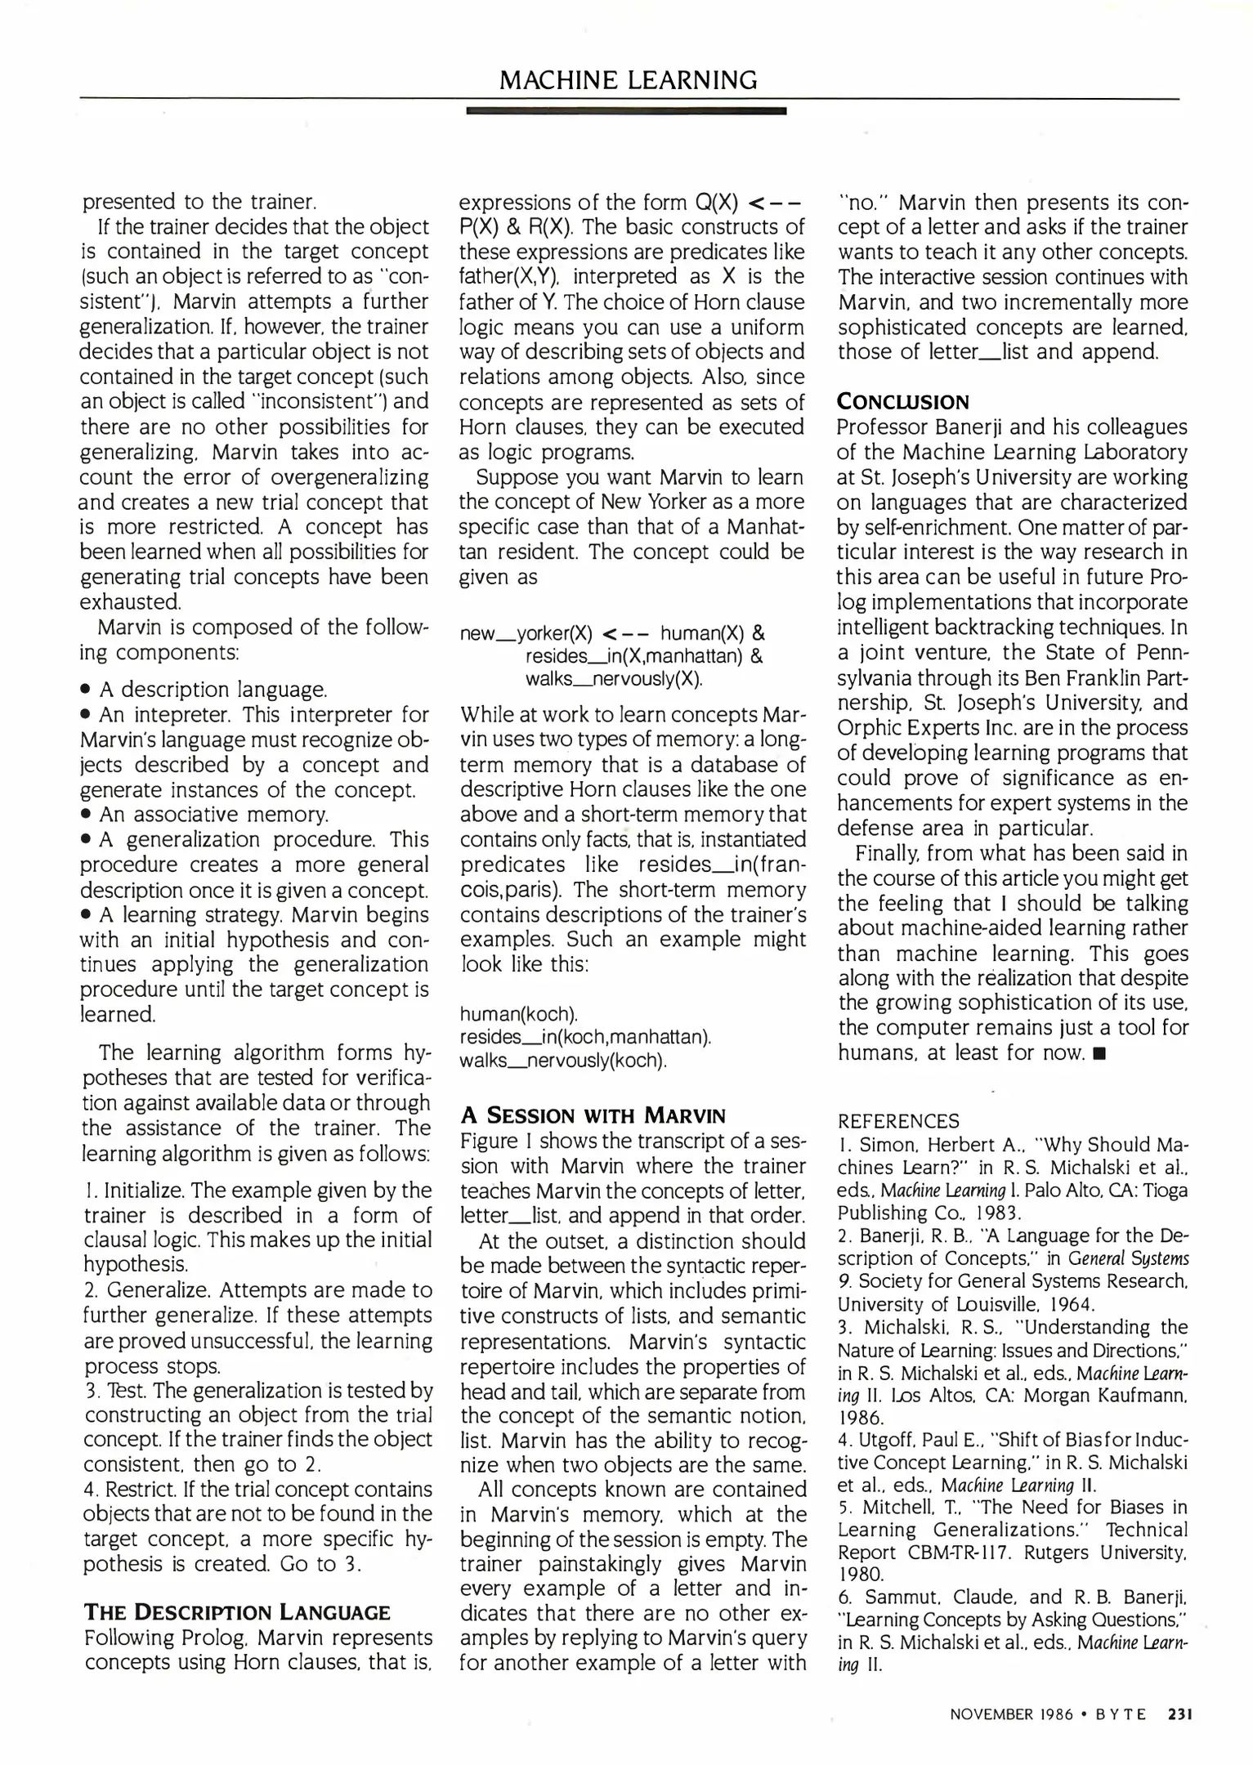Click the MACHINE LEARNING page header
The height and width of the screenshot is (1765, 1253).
(x=628, y=80)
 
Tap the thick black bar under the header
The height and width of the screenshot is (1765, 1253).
(x=625, y=110)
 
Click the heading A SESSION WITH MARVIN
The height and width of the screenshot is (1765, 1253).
(x=593, y=1115)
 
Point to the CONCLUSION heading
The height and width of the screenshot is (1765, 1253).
(x=902, y=402)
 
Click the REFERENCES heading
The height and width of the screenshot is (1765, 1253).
(x=898, y=1121)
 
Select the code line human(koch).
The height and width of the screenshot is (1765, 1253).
(x=518, y=1014)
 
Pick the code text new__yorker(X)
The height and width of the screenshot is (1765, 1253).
(x=526, y=633)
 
